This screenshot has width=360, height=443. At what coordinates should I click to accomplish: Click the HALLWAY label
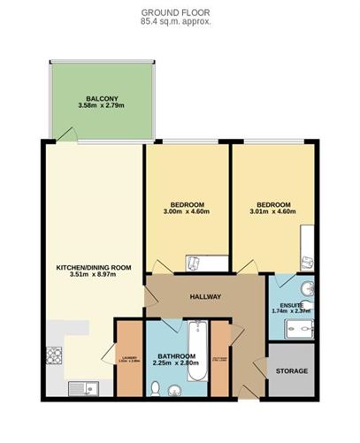(x=204, y=296)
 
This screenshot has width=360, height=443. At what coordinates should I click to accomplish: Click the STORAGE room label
(x=293, y=370)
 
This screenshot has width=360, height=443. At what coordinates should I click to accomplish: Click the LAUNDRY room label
(x=129, y=357)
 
